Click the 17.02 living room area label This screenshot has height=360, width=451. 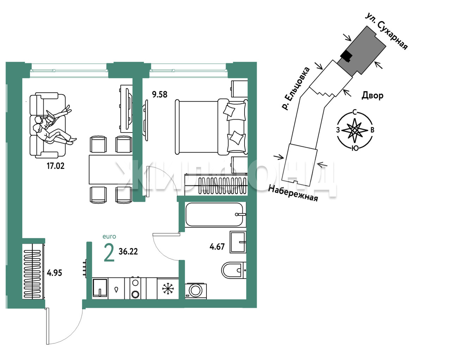click(x=55, y=166)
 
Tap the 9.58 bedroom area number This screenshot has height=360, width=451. click(x=160, y=94)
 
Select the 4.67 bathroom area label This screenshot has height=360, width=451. click(x=217, y=246)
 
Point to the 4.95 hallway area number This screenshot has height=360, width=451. click(x=54, y=273)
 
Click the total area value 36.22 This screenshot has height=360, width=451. click(x=128, y=251)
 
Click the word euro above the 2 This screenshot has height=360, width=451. click(x=109, y=237)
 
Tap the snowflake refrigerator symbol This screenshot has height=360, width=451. click(x=168, y=288)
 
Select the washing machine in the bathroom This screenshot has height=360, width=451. click(x=196, y=291)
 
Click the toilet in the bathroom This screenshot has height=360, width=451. click(x=234, y=270)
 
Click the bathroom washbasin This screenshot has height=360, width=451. click(x=238, y=242)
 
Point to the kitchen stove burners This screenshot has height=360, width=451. click(x=135, y=288)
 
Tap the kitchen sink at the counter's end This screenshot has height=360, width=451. click(x=100, y=288)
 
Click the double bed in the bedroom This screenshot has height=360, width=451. click(x=211, y=127)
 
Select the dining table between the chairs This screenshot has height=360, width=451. click(x=111, y=170)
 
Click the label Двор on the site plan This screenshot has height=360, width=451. click(x=372, y=96)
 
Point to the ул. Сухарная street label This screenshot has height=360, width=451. click(x=387, y=31)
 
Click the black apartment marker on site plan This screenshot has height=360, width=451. click(x=346, y=56)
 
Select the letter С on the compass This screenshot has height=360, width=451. click(x=354, y=112)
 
